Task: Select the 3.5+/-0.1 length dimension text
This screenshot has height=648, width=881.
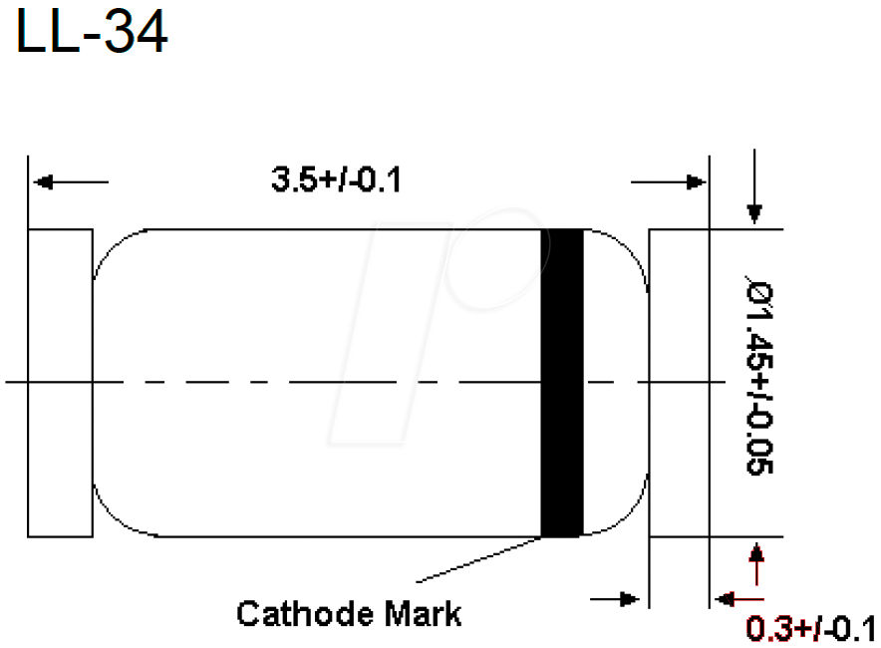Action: tap(336, 180)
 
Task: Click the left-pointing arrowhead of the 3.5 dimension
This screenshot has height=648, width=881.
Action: tap(42, 182)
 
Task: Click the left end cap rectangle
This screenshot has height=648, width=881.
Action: tap(60, 383)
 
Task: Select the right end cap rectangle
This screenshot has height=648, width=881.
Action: tap(678, 383)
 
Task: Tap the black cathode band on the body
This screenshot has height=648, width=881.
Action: tap(561, 383)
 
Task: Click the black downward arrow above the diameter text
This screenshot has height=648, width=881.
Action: tap(754, 212)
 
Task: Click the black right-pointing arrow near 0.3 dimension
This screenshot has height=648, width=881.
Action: tap(628, 599)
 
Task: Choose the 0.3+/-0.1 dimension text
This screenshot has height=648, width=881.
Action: tap(809, 629)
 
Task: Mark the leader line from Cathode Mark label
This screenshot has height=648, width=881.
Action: tap(478, 559)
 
